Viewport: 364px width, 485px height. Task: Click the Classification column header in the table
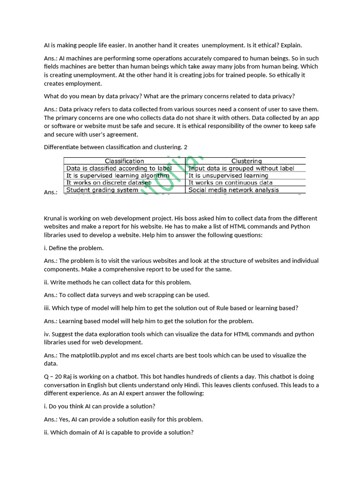pos(124,161)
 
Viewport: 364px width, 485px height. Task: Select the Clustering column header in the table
pos(246,161)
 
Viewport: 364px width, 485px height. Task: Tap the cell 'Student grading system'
pos(102,190)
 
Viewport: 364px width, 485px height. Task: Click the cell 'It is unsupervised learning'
pos(228,175)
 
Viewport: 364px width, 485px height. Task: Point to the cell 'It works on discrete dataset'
pos(109,182)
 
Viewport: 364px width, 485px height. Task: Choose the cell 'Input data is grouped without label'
pos(241,168)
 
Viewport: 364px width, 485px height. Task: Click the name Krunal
pos(53,218)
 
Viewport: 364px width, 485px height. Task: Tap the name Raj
pos(67,377)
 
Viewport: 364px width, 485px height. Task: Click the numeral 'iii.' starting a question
pos(47,308)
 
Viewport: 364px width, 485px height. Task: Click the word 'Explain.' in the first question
pos(291,45)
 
